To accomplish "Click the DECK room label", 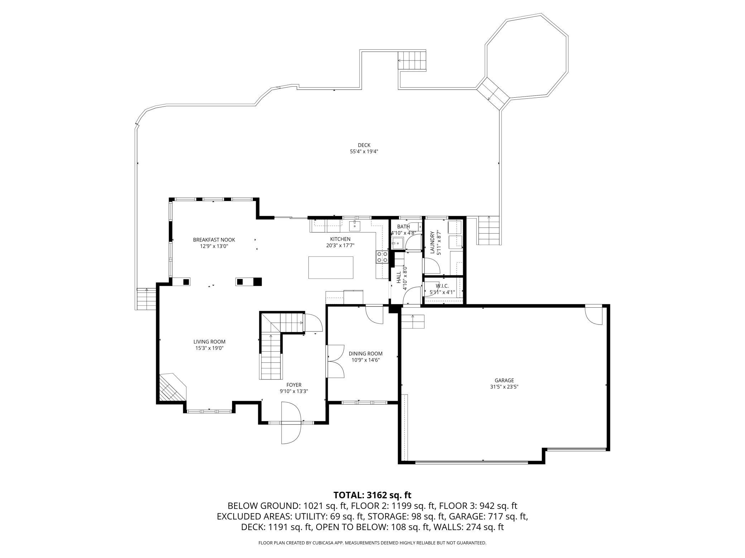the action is [364, 145].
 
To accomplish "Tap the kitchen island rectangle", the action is [331, 267].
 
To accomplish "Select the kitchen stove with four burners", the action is [382, 257].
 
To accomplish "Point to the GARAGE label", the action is [504, 380].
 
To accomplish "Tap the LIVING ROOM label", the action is [210, 342].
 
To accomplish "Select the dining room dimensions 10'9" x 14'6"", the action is [366, 360].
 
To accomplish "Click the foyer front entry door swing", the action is [290, 422].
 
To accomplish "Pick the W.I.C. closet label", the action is [442, 286].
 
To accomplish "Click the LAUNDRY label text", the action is [432, 243].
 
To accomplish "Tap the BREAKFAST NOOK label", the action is [214, 240].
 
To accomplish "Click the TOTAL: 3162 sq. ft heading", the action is [372, 495].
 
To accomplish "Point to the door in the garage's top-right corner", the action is [593, 315].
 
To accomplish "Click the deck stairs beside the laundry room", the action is [489, 230].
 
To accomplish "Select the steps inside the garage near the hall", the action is [413, 322].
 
